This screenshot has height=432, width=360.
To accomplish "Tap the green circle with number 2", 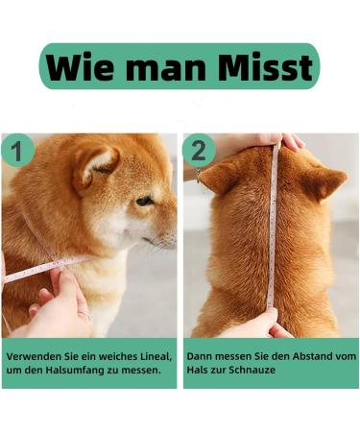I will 198,150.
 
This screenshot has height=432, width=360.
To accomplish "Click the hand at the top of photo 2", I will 278,142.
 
